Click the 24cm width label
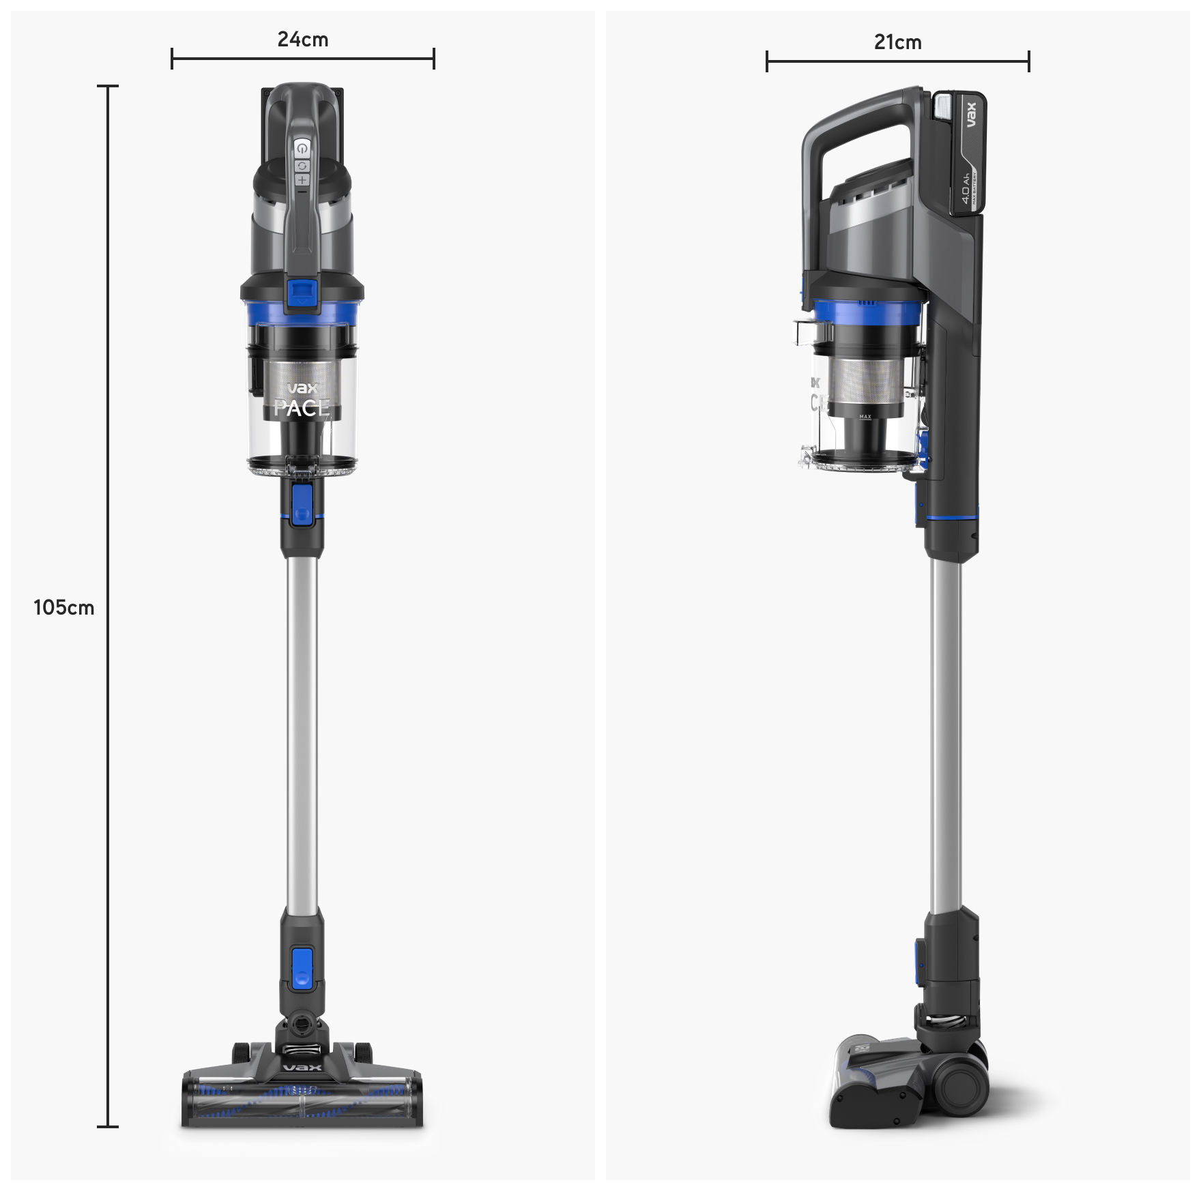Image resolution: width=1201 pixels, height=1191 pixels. [x=302, y=40]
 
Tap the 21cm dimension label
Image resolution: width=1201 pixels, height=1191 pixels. [x=897, y=42]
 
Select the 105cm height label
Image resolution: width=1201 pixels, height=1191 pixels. [x=64, y=608]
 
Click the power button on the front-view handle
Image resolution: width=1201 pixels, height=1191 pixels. [x=302, y=148]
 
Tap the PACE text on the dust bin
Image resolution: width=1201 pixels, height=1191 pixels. [x=301, y=408]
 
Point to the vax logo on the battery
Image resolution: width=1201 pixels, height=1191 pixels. [x=972, y=115]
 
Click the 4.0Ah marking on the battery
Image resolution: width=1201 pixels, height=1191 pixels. [x=966, y=188]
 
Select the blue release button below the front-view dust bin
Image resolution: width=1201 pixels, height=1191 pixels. [x=302, y=505]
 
